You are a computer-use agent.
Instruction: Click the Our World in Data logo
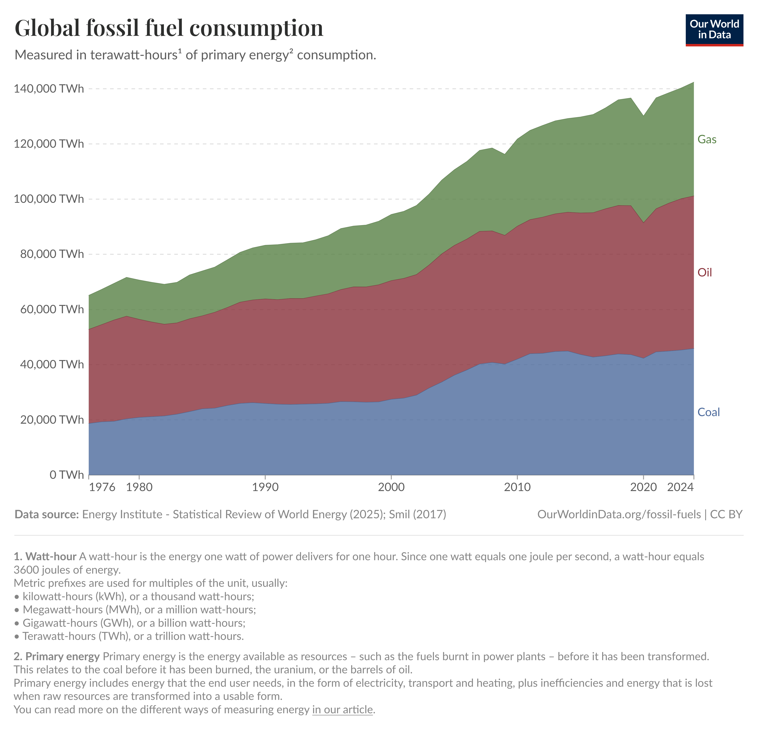pos(714,30)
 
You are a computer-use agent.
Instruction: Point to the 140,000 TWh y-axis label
pos(49,89)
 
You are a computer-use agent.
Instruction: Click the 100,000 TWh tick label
pos(49,199)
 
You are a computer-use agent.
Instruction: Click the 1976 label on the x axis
pos(102,487)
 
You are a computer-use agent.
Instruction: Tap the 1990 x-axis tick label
pos(265,487)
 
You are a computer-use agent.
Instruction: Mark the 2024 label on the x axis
pos(680,487)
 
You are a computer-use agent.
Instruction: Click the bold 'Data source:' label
pos(46,514)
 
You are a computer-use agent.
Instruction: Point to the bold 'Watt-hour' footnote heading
pos(51,557)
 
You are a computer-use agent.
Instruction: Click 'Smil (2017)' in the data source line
pos(417,514)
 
